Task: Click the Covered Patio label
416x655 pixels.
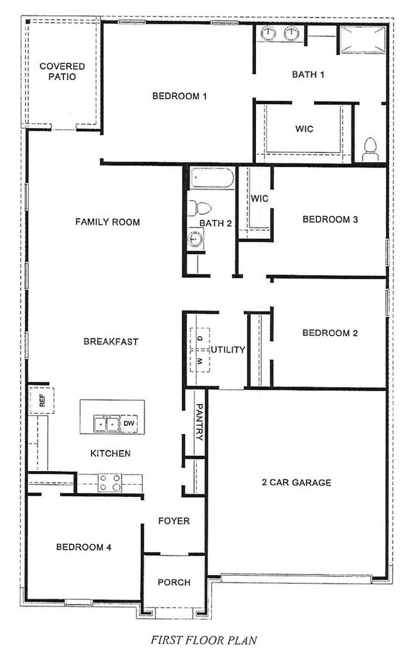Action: click(58, 71)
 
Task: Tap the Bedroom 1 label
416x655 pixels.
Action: click(179, 97)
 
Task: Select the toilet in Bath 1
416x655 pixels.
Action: click(371, 149)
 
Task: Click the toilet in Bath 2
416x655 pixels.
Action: click(202, 207)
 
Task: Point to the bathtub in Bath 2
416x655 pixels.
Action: click(212, 178)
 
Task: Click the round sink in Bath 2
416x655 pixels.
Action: click(195, 239)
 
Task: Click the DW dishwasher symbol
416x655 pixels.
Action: click(128, 423)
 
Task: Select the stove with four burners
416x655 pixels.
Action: click(109, 482)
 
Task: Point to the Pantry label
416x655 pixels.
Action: click(199, 422)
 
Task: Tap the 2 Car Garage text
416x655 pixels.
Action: click(296, 482)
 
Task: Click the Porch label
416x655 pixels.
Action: click(174, 582)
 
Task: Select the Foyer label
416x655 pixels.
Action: click(174, 521)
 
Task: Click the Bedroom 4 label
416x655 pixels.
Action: click(84, 547)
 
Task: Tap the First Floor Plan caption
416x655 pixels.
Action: click(203, 639)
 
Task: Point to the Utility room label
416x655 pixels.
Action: click(228, 350)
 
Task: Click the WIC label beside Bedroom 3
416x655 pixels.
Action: click(259, 198)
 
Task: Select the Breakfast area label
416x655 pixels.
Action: click(111, 341)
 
